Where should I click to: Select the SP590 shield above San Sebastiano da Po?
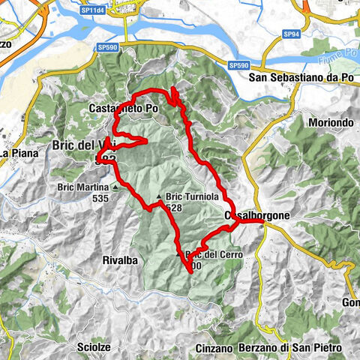click(x=239, y=66)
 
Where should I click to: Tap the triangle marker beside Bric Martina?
click(x=115, y=187)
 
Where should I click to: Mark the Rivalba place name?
click(x=116, y=261)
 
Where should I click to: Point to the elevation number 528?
click(x=174, y=208)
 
